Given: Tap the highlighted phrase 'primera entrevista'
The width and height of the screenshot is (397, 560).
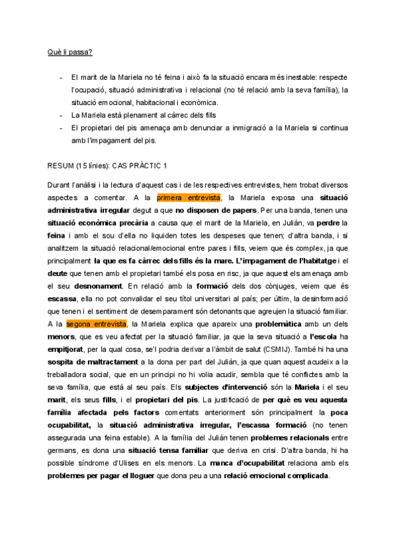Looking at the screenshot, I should pyautogui.click(x=189, y=197).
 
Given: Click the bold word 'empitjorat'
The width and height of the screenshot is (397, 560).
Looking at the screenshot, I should pyautogui.click(x=71, y=349).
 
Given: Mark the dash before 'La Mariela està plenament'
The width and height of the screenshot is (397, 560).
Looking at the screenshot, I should pyautogui.click(x=61, y=116).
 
